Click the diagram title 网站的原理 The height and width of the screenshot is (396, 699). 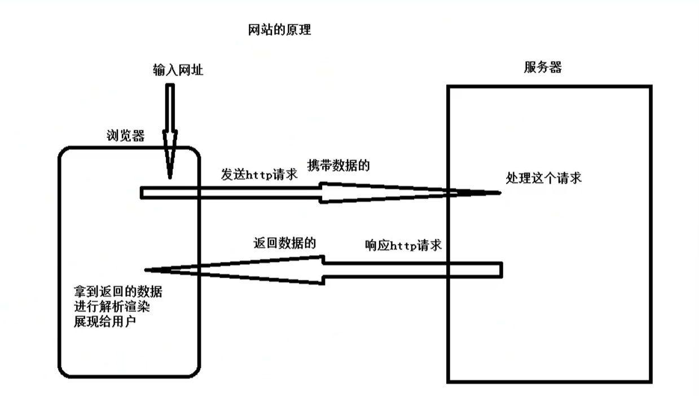(279, 30)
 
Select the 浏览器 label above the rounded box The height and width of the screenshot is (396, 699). (125, 136)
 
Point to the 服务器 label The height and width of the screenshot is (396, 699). (543, 67)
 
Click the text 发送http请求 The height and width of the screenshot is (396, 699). (260, 173)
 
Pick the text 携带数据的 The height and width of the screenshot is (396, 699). (338, 166)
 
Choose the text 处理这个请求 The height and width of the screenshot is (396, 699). (544, 178)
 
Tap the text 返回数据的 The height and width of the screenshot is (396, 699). (283, 243)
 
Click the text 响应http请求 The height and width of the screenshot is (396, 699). (403, 246)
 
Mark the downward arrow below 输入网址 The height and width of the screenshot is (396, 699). (169, 130)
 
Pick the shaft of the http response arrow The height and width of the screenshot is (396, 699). (412, 270)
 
